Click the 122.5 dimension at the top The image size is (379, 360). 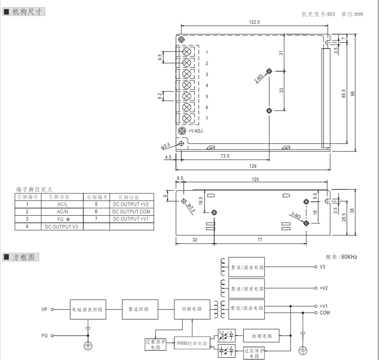[x=255, y=22]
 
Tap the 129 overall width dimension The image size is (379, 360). [x=253, y=165]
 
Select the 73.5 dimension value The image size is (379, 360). [x=225, y=156]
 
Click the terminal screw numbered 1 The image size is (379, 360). [x=187, y=52]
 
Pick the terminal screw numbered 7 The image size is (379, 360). [x=187, y=119]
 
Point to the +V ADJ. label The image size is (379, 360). [x=196, y=131]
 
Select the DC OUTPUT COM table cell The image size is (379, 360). [x=131, y=212]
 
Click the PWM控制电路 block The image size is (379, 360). [x=192, y=344]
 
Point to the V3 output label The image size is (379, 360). [x=322, y=267]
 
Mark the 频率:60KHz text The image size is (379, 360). [x=342, y=257]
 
